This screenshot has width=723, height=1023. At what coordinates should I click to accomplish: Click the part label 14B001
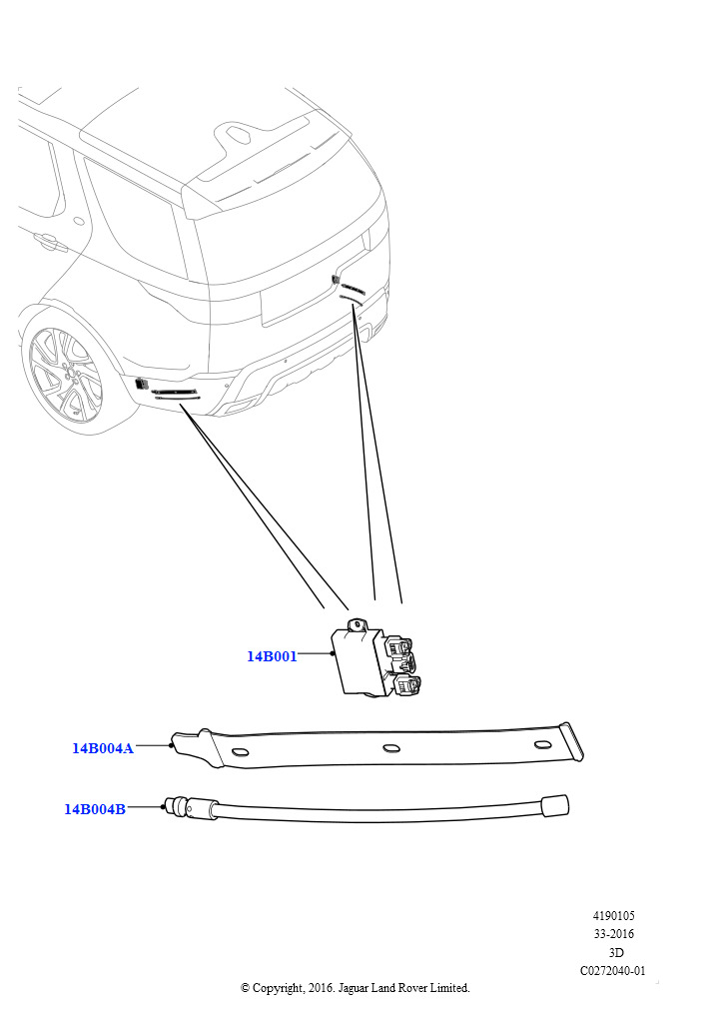pos(272,656)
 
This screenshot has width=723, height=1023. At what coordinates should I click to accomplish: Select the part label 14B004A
pos(102,748)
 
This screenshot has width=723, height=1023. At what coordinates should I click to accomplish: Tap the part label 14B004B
pos(95,809)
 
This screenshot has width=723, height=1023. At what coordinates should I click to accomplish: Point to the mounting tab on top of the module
pos(356,625)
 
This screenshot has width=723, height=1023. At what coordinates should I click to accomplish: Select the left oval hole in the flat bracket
pos(240,751)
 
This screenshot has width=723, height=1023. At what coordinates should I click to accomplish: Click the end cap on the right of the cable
pos(555,805)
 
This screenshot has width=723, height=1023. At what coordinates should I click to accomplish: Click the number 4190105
pos(613,916)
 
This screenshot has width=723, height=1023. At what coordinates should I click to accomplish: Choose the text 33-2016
pos(613,934)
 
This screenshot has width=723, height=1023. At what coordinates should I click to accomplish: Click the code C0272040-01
pos(613,971)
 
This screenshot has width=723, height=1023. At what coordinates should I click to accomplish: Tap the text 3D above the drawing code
pos(615,952)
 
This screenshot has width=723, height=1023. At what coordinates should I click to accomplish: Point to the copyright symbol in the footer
pos(245,988)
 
